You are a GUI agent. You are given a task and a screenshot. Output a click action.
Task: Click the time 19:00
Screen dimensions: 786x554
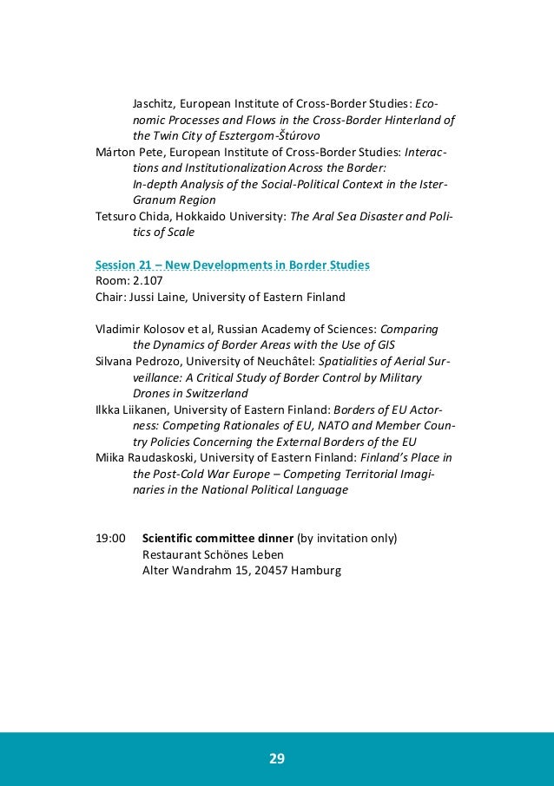[x=109, y=538]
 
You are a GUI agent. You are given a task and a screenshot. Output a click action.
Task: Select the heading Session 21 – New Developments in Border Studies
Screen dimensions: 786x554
[x=231, y=264]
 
